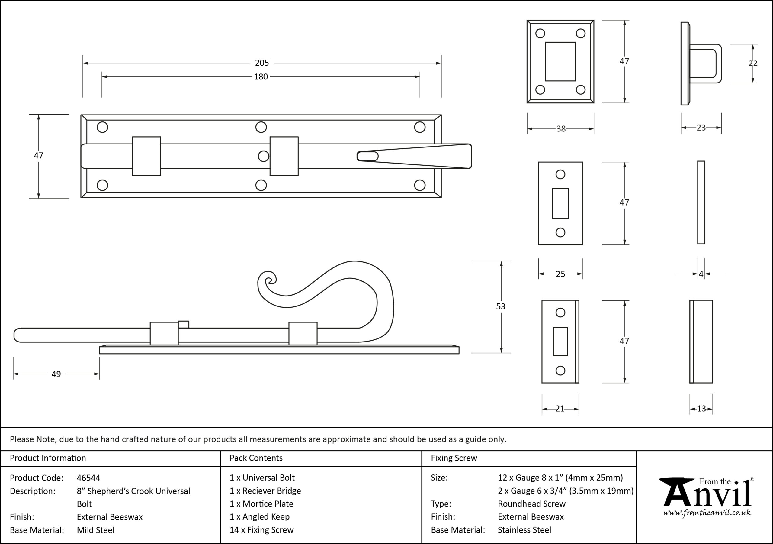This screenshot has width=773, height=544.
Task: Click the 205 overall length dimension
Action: [x=262, y=63]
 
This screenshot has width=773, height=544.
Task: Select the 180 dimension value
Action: [x=261, y=77]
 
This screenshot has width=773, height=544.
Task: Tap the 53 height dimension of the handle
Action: [x=501, y=306]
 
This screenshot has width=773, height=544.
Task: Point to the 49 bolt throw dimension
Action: [x=56, y=374]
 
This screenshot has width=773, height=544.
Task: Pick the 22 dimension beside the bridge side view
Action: [x=753, y=63]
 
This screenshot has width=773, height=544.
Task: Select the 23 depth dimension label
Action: [x=701, y=128]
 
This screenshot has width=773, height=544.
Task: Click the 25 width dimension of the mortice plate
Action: [x=560, y=274]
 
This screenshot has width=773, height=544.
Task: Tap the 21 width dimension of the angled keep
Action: [x=560, y=409]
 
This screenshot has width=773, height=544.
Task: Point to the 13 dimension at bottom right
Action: [x=701, y=409]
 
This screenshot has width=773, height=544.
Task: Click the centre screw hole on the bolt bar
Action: [x=264, y=156]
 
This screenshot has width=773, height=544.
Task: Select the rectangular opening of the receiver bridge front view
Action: [x=560, y=61]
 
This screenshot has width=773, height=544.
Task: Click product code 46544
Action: [x=88, y=478]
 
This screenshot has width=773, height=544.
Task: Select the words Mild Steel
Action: [x=96, y=530]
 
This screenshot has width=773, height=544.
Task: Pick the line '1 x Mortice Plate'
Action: [x=261, y=504]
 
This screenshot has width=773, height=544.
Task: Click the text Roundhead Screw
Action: [x=532, y=504]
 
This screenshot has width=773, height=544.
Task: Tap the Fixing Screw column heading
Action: [x=454, y=458]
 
